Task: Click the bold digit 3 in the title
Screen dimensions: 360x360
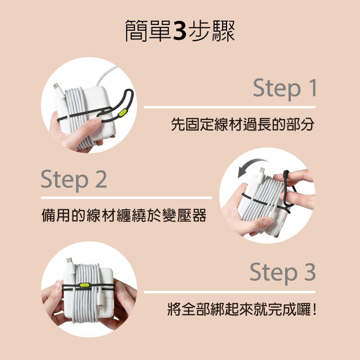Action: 180,31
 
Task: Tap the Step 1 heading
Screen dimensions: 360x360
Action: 285,88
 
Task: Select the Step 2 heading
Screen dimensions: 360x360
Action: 74,180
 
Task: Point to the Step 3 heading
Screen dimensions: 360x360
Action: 283,272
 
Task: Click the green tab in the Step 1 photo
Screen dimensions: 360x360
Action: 122,113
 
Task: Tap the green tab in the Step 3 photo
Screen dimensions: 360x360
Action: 84,285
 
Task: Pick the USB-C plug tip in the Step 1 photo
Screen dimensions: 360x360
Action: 56,86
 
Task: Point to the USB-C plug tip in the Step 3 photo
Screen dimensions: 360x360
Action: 69,260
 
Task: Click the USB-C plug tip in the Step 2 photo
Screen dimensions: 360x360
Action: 262,170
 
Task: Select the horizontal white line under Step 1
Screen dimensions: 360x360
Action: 229,107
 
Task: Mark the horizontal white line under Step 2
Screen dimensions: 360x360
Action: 127,198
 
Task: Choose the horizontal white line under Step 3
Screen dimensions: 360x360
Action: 229,292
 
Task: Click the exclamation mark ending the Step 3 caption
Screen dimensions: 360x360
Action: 314,309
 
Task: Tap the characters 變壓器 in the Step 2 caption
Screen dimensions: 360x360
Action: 184,215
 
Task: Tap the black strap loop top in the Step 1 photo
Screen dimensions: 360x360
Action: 129,92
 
